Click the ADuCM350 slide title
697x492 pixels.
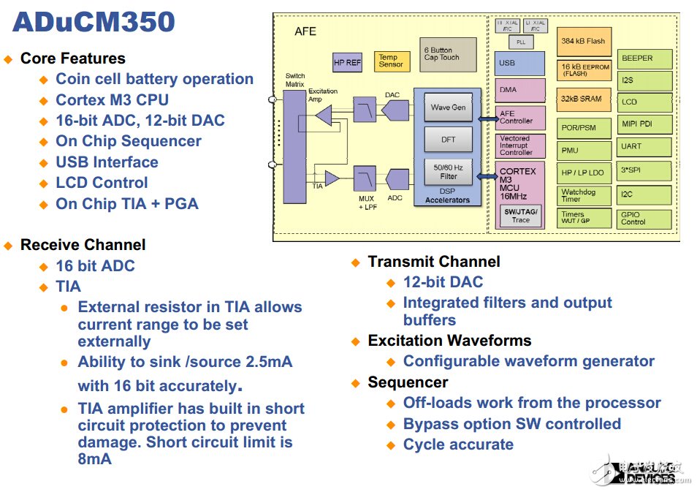click(94, 22)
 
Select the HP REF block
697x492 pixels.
click(348, 63)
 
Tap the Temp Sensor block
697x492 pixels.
click(392, 61)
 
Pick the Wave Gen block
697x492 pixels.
click(448, 107)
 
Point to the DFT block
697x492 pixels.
click(448, 140)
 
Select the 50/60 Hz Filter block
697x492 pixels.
click(448, 172)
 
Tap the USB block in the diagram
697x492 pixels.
click(519, 64)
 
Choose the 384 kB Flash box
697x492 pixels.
click(584, 42)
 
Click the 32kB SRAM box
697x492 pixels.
click(584, 99)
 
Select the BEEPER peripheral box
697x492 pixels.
click(644, 59)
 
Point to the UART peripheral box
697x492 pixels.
click(644, 147)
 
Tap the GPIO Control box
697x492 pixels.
click(644, 218)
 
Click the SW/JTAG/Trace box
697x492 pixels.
click(520, 216)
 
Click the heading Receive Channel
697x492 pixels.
click(83, 245)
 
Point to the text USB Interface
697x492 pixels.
click(107, 162)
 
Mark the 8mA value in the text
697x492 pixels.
click(95, 459)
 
